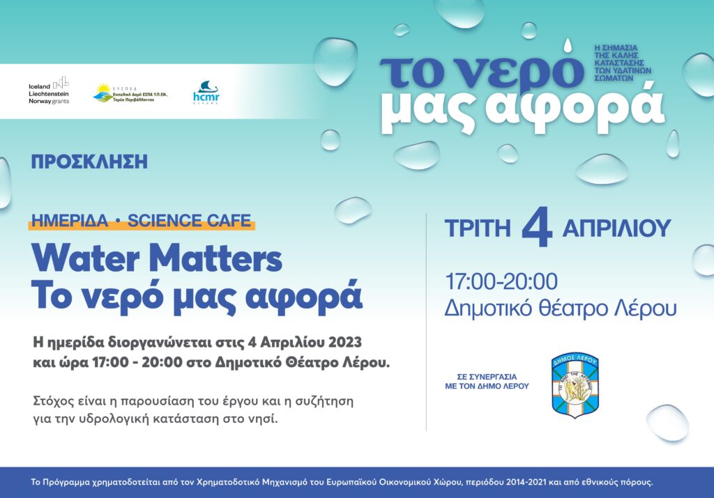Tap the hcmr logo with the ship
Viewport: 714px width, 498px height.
(x=206, y=93)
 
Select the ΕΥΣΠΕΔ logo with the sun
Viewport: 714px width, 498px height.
(x=130, y=93)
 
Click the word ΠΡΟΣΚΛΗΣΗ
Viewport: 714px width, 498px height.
(x=89, y=162)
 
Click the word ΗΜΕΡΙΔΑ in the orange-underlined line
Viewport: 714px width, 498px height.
(x=70, y=221)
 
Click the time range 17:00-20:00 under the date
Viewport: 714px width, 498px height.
(x=501, y=282)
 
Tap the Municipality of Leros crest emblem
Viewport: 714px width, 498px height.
(x=575, y=385)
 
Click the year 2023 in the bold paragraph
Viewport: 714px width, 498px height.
(x=340, y=343)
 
